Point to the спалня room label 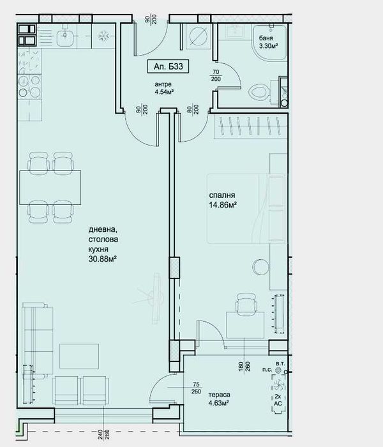(222, 195)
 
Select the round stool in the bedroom (259, 265)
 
